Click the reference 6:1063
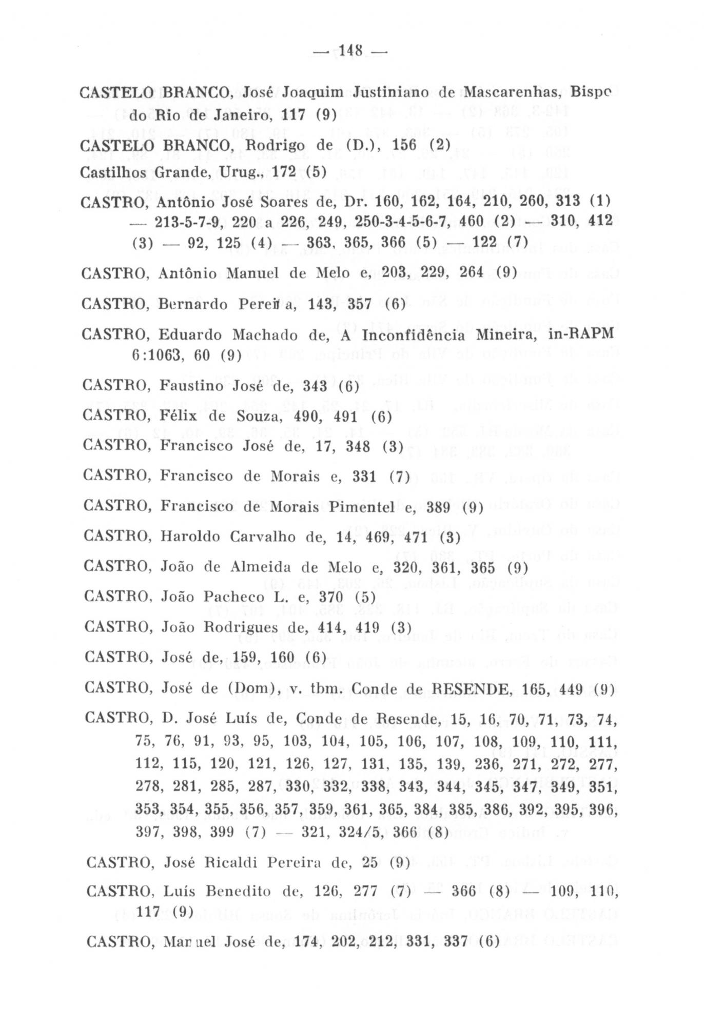point(155,354)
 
